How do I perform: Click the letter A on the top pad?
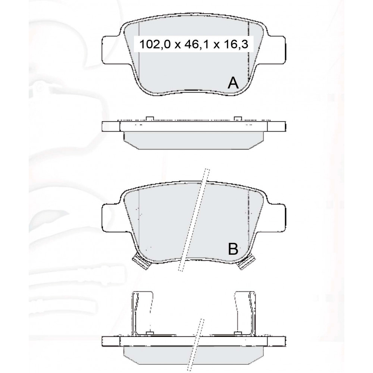point(233,83)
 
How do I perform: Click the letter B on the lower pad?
point(233,249)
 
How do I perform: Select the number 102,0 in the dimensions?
point(155,44)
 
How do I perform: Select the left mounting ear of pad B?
point(111,217)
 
